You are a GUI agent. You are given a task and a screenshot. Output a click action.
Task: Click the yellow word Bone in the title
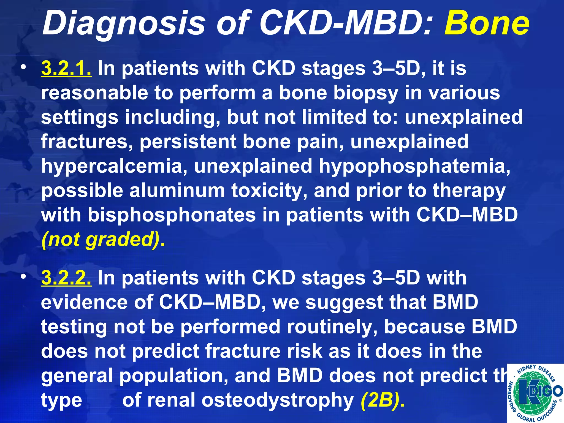click(486, 23)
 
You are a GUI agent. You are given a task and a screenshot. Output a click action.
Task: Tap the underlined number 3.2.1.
click(66, 68)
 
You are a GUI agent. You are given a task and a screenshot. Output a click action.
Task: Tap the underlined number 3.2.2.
click(66, 278)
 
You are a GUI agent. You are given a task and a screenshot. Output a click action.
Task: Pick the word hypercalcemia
click(114, 166)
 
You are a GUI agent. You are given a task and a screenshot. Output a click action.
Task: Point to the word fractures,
click(87, 142)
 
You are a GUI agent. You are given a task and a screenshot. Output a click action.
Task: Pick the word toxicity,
click(269, 191)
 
